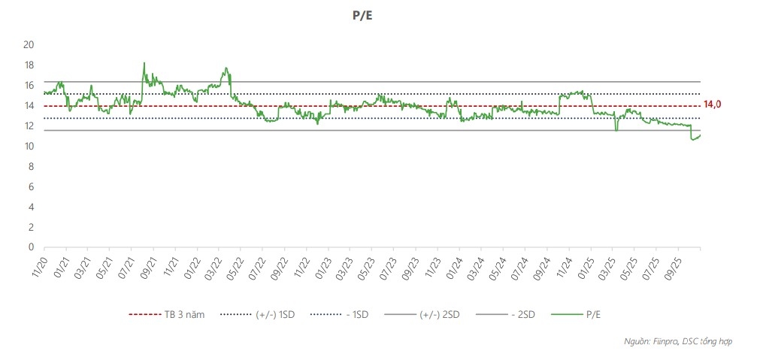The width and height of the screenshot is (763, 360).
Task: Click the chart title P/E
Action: (x=362, y=14)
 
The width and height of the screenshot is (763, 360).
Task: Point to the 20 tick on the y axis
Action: (x=29, y=44)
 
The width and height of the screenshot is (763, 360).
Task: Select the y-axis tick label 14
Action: (x=29, y=105)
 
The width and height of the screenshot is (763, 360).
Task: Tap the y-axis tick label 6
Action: (x=31, y=186)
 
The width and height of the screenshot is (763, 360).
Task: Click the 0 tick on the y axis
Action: (x=31, y=247)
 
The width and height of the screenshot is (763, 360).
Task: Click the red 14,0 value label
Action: (x=712, y=104)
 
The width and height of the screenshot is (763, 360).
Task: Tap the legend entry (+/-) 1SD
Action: (x=274, y=315)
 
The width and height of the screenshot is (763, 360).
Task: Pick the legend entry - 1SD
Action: (x=358, y=315)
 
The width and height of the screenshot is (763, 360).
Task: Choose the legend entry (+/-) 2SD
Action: (x=439, y=315)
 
